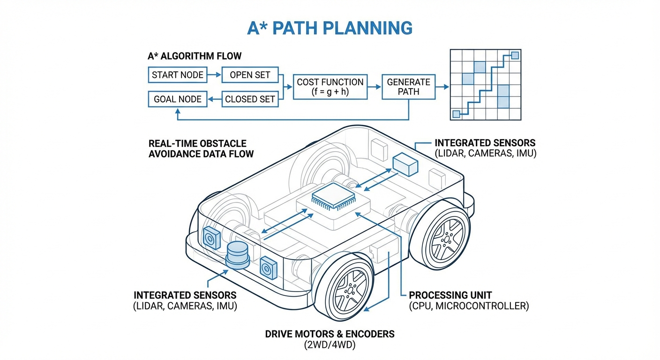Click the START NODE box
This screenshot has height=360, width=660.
tap(178, 75)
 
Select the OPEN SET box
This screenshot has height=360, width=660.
tap(250, 75)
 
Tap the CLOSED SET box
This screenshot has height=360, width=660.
tap(250, 99)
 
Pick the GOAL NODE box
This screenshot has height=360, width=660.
tap(178, 99)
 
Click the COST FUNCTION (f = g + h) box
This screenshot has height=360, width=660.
tap(330, 87)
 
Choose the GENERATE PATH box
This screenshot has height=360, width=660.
tap(408, 87)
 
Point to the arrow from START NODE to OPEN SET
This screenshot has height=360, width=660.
tap(214, 75)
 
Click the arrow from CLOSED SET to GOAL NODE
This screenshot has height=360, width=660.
tap(214, 99)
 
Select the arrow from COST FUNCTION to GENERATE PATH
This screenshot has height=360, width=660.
tap(374, 87)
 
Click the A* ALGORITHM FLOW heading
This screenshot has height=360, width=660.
tap(195, 56)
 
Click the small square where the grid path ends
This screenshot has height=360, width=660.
tap(515, 56)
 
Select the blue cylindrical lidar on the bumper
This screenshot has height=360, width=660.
tap(239, 255)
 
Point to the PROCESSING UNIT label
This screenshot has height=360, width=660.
tap(450, 295)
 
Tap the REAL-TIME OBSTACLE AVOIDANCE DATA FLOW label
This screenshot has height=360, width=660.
tap(201, 149)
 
